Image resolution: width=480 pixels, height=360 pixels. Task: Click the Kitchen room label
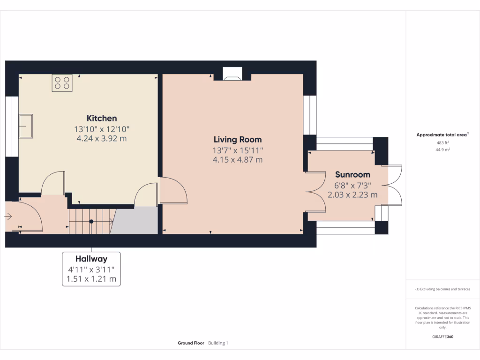click(x=102, y=118)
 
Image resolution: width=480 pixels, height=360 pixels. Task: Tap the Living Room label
click(x=237, y=139)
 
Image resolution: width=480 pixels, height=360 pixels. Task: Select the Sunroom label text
click(x=352, y=174)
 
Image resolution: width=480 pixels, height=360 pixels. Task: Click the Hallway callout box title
click(x=91, y=259)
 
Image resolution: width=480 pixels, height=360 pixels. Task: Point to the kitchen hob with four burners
click(x=62, y=83)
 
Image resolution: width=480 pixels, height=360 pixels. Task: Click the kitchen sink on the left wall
click(x=26, y=126)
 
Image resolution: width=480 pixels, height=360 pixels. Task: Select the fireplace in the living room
click(x=232, y=74)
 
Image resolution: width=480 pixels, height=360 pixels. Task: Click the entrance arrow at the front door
click(x=9, y=217)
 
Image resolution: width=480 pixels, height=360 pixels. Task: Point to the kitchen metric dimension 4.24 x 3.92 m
click(x=102, y=138)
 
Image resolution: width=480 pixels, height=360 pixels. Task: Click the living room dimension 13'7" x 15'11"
click(x=237, y=150)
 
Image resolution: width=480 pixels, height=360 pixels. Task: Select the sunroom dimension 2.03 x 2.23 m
click(x=352, y=195)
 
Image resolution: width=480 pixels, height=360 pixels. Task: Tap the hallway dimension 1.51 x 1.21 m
click(x=91, y=280)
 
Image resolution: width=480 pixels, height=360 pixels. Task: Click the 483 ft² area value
click(x=442, y=142)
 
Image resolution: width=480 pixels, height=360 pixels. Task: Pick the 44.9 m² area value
click(x=442, y=150)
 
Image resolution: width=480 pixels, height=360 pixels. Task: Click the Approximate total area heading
click(x=442, y=135)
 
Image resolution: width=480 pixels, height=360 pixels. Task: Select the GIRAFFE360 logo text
click(x=442, y=337)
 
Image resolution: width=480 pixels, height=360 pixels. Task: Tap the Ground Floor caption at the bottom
click(x=191, y=343)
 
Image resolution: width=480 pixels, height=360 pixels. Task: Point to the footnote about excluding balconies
click(x=442, y=289)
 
